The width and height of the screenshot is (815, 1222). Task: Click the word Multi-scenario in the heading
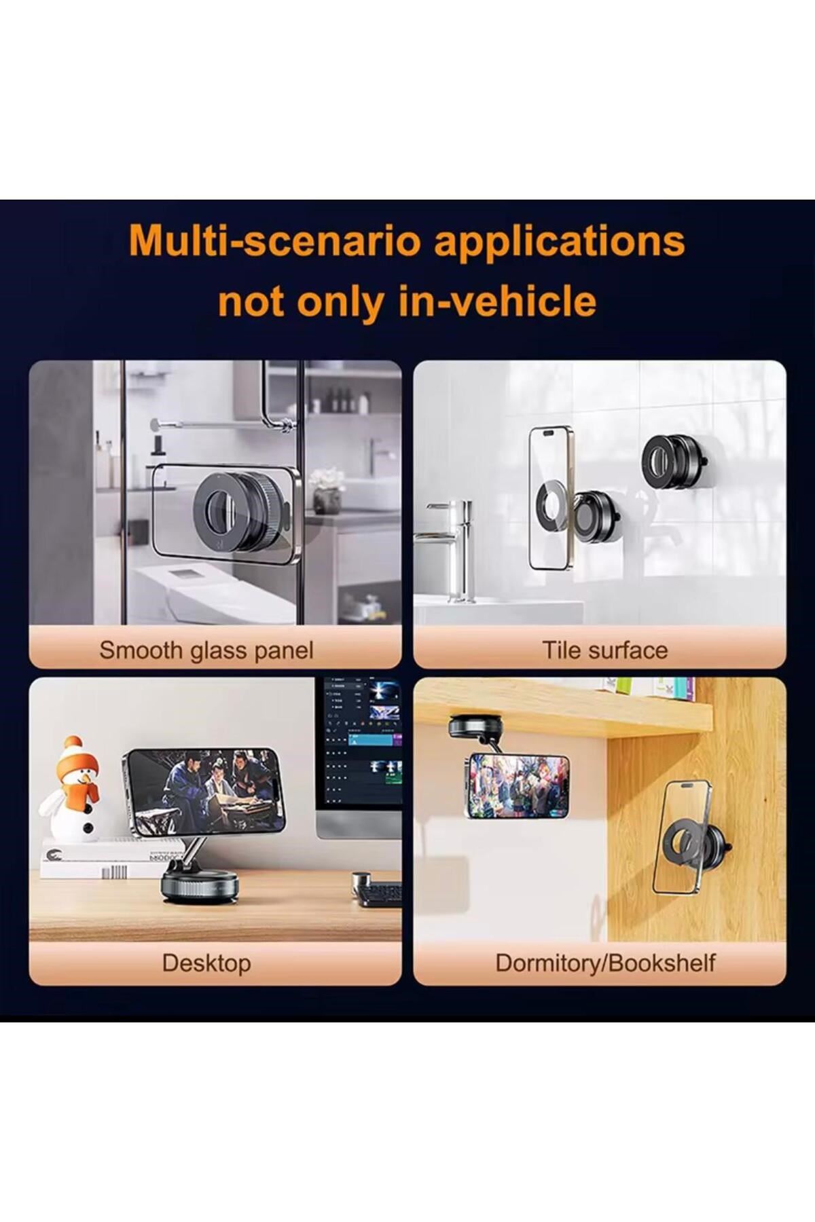click(x=276, y=241)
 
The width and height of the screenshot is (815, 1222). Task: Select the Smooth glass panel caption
click(x=206, y=650)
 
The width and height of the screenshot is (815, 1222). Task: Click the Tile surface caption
click(x=604, y=650)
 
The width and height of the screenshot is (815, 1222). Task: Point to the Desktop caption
click(x=206, y=963)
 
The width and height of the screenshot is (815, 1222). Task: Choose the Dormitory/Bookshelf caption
click(x=605, y=963)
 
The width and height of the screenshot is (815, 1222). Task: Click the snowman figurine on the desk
click(x=72, y=790)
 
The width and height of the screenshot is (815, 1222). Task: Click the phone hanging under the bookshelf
click(x=519, y=786)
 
